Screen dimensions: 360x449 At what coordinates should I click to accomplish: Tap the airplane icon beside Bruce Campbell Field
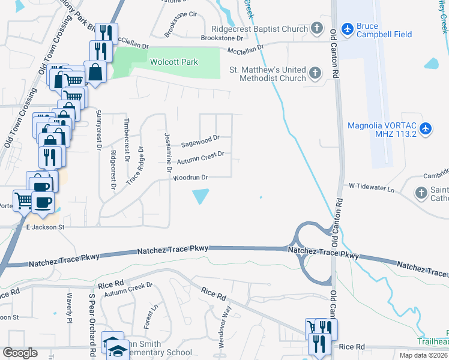point(347,29)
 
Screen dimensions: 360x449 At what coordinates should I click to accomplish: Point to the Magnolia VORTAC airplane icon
point(426,128)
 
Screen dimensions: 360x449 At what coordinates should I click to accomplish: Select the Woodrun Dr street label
point(190,178)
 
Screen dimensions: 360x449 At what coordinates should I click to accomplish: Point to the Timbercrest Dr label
point(127,140)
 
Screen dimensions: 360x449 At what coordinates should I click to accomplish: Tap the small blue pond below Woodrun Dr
point(200,196)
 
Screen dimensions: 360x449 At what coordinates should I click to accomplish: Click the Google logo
point(20,353)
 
